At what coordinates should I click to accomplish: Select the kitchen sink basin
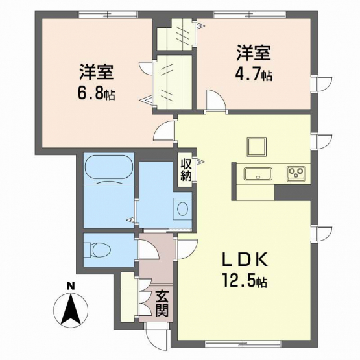pyautogui.click(x=258, y=174)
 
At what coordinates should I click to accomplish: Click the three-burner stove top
pyautogui.click(x=296, y=174)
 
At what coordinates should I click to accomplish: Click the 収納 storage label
pyautogui.click(x=186, y=169)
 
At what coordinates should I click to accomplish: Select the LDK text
pyautogui.click(x=245, y=259)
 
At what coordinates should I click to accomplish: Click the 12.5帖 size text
pyautogui.click(x=245, y=280)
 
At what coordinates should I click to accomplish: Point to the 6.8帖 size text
pyautogui.click(x=96, y=93)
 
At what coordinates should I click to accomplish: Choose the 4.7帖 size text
pyautogui.click(x=254, y=74)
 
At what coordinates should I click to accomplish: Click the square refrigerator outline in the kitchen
pyautogui.click(x=257, y=147)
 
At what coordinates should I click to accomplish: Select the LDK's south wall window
pyautogui.click(x=243, y=344)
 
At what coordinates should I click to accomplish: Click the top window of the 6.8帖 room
pyautogui.click(x=108, y=15)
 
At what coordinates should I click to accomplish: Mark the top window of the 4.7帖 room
pyautogui.click(x=250, y=15)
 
